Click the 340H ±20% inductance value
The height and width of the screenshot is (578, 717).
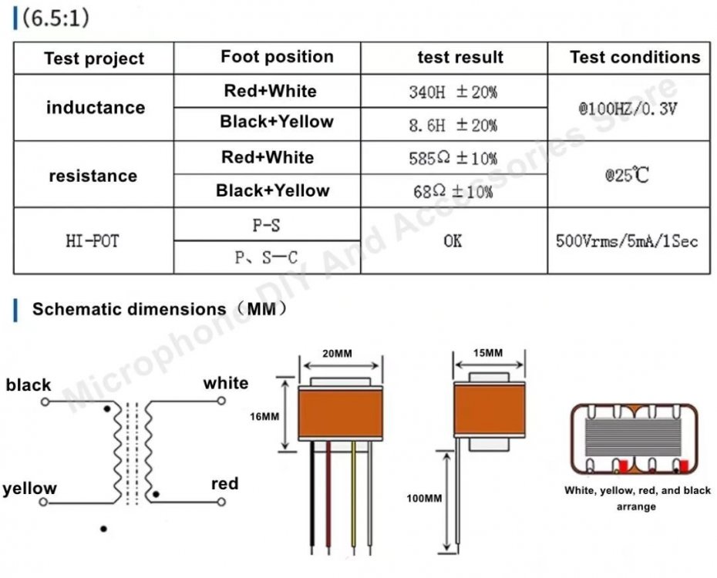click(453, 92)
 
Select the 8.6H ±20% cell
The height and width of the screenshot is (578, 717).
click(453, 125)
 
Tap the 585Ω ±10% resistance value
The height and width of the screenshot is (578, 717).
click(453, 159)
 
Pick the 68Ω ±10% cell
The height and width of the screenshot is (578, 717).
click(453, 192)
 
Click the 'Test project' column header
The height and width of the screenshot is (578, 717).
click(94, 59)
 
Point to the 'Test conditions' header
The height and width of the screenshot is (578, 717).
click(635, 57)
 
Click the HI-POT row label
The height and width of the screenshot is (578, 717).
click(93, 241)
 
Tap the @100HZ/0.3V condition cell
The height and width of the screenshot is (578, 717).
click(628, 109)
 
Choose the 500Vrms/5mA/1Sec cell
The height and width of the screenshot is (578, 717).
click(627, 241)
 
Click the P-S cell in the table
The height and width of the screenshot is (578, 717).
click(266, 225)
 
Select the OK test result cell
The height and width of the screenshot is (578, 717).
click(453, 241)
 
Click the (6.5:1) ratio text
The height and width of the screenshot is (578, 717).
click(56, 18)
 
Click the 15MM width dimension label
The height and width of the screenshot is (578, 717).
click(488, 353)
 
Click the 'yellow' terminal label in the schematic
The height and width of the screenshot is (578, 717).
click(29, 489)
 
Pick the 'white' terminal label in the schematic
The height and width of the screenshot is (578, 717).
click(226, 383)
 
